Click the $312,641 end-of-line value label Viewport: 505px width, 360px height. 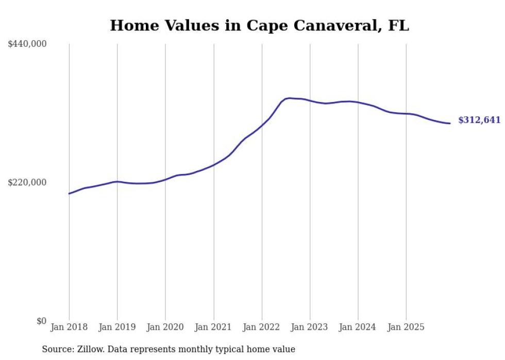click(x=479, y=120)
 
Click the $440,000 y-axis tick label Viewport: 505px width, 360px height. click(x=27, y=44)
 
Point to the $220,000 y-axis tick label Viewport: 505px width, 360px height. click(x=27, y=182)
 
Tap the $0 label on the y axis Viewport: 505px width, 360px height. click(x=41, y=321)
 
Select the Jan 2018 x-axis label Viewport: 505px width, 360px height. click(x=69, y=327)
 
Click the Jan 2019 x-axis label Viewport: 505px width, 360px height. click(x=117, y=327)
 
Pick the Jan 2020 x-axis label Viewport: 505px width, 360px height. click(x=165, y=327)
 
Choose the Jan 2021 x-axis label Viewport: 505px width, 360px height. click(x=214, y=327)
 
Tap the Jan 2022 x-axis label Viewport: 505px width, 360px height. click(x=262, y=327)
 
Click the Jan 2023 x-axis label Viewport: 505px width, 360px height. click(x=310, y=327)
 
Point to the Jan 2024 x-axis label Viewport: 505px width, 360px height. click(x=358, y=327)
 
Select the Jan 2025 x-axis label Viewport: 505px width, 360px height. click(x=407, y=327)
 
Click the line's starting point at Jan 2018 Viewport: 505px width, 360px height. click(x=69, y=194)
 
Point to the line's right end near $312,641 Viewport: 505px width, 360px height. click(x=450, y=123)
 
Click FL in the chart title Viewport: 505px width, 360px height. click(x=399, y=26)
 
